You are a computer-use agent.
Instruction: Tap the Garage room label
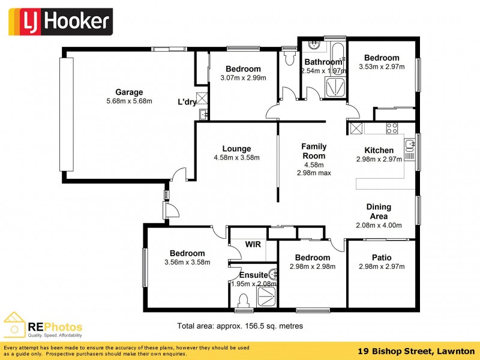[129, 92]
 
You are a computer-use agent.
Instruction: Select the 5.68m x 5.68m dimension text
[129, 101]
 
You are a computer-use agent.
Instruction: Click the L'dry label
[187, 102]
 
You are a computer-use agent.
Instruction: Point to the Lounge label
[236, 149]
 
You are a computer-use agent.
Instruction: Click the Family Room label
[314, 151]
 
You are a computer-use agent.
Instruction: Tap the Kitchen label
[379, 150]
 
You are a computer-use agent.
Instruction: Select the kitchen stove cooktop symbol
[392, 128]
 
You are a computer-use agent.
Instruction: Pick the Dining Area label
[379, 211]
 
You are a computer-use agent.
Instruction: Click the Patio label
[382, 257]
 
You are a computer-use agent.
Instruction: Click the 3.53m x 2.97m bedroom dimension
[382, 67]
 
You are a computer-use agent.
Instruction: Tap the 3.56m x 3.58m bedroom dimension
[187, 262]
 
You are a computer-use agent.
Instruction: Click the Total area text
[240, 326]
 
